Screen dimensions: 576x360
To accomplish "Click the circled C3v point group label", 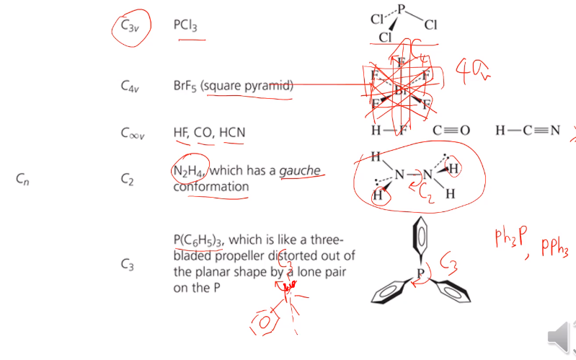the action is [130, 26].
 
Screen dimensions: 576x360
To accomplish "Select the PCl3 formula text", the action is [185, 25].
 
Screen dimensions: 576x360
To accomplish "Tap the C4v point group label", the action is [130, 87].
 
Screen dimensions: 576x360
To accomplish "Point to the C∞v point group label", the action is [132, 133].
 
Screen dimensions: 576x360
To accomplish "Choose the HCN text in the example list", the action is [232, 132].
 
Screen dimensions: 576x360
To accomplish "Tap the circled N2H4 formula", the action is [189, 171].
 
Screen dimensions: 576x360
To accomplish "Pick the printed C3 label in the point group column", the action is [128, 265].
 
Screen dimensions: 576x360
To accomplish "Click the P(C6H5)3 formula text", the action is [198, 240].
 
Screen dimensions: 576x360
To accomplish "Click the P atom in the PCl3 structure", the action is [402, 9].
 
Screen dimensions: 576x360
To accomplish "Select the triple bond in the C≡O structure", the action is [452, 131].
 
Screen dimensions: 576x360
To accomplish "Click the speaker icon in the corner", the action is [559, 337].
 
